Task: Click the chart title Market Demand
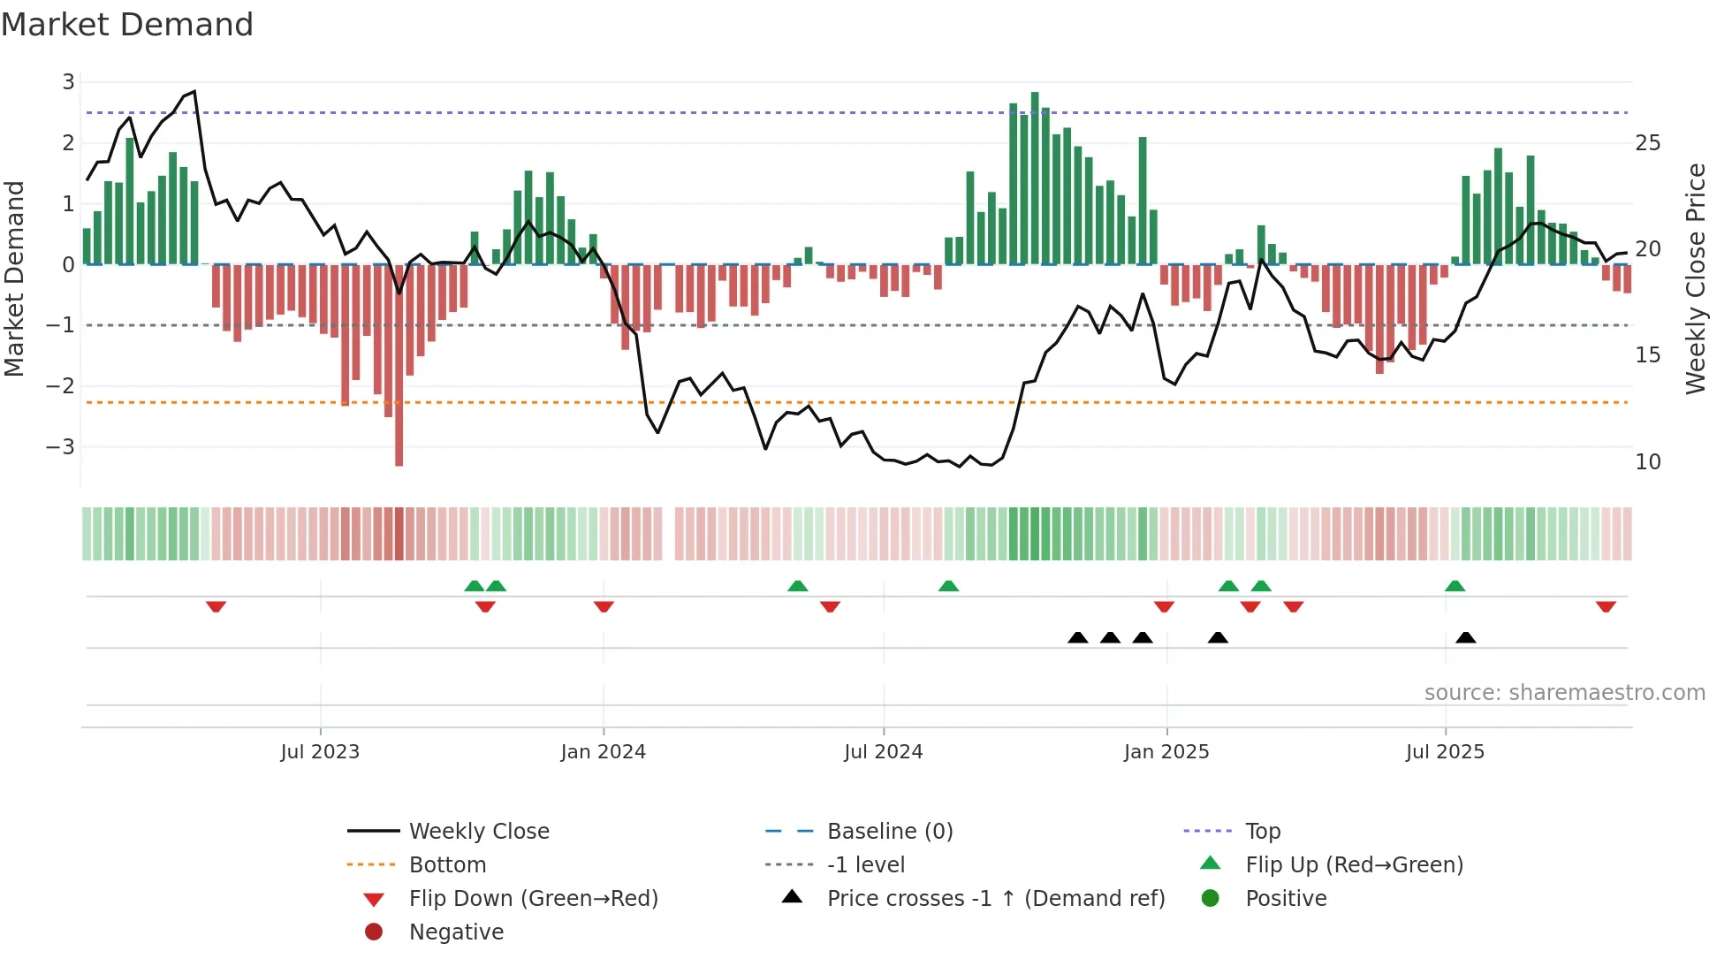[127, 25]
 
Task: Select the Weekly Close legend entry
[478, 832]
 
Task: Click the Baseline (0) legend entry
[889, 832]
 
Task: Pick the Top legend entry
[1262, 832]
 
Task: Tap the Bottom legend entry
[447, 865]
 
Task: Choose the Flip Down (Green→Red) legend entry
[533, 899]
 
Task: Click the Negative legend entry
[456, 932]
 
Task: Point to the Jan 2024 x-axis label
[604, 752]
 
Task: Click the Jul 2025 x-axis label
[1445, 752]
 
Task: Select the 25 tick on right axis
[1648, 143]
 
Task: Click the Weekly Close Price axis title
[1695, 278]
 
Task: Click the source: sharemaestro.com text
[1564, 693]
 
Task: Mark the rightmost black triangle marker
[1466, 638]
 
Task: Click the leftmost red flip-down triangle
[216, 606]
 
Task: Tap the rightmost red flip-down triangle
[1606, 606]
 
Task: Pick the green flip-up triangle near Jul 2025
[1455, 586]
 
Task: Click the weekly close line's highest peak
[194, 91]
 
